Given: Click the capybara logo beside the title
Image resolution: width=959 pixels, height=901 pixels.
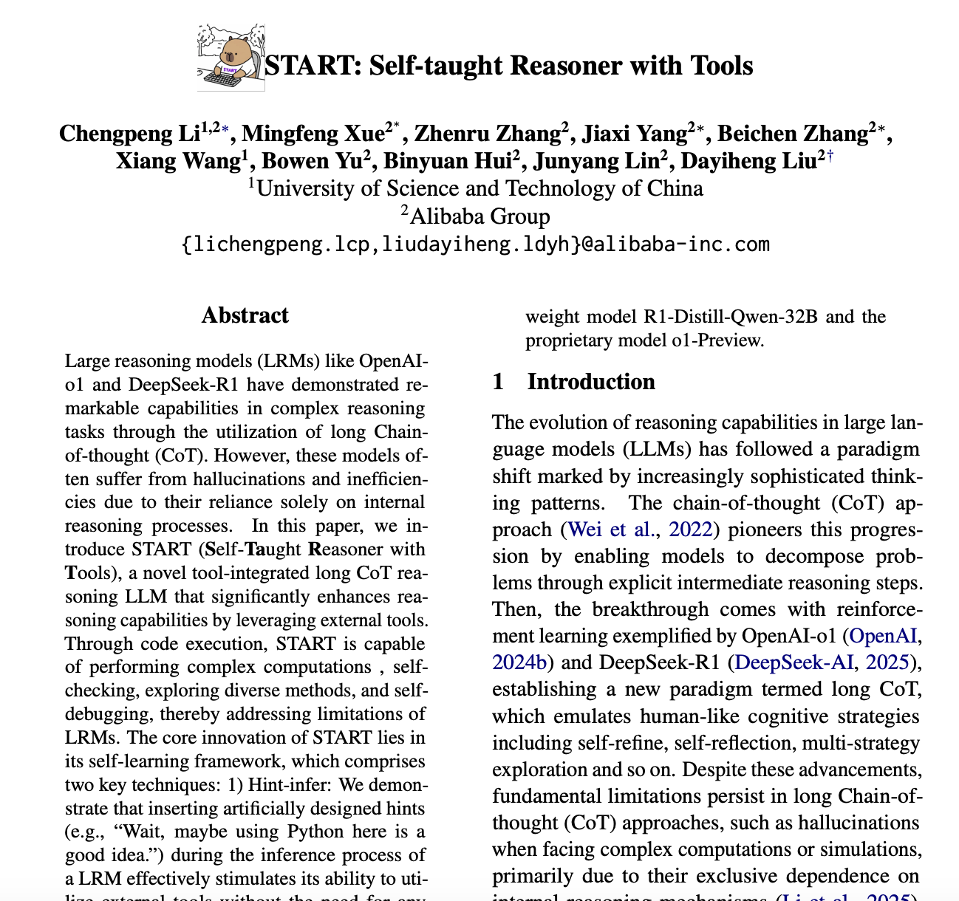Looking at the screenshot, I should pyautogui.click(x=231, y=58).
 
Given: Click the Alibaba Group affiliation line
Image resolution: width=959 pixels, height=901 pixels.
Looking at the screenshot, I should pyautogui.click(x=479, y=216).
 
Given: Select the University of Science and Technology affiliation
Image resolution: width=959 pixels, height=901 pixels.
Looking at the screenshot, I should pyautogui.click(x=479, y=188).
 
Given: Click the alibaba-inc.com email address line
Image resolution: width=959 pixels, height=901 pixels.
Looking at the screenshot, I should pyautogui.click(x=475, y=244).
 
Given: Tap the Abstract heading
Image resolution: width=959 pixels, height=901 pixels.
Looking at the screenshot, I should pyautogui.click(x=245, y=315).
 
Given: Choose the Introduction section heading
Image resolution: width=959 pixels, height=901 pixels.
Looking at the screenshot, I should pyautogui.click(x=590, y=382).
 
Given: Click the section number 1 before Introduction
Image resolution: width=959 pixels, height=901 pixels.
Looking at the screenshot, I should pyautogui.click(x=498, y=382).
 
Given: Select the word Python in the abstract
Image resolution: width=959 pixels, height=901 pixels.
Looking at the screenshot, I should pyautogui.click(x=306, y=832).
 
